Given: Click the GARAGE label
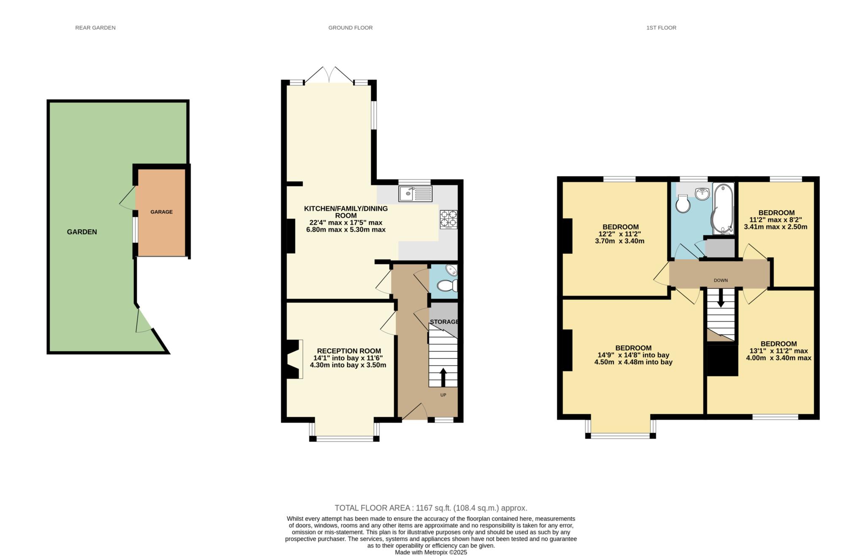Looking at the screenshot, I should point(161,212).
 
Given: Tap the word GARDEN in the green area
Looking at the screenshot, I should point(82,232).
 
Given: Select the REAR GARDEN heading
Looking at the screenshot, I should point(95,28).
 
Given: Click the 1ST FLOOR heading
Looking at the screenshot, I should point(661,28).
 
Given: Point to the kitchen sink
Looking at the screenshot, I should point(415,194).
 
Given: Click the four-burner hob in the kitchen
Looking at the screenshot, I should point(448,220).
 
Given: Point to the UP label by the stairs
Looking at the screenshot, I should point(443,395).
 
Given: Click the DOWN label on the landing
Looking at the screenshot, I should point(721,280).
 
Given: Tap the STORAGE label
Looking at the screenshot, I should point(444,322).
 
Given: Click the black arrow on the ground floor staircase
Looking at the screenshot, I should point(443,377).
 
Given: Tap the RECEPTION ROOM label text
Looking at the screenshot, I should point(349,351).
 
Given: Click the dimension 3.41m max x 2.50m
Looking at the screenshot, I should point(775,227).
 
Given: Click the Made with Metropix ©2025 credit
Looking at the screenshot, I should point(431,552).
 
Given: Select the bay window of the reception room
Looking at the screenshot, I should point(344,438).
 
